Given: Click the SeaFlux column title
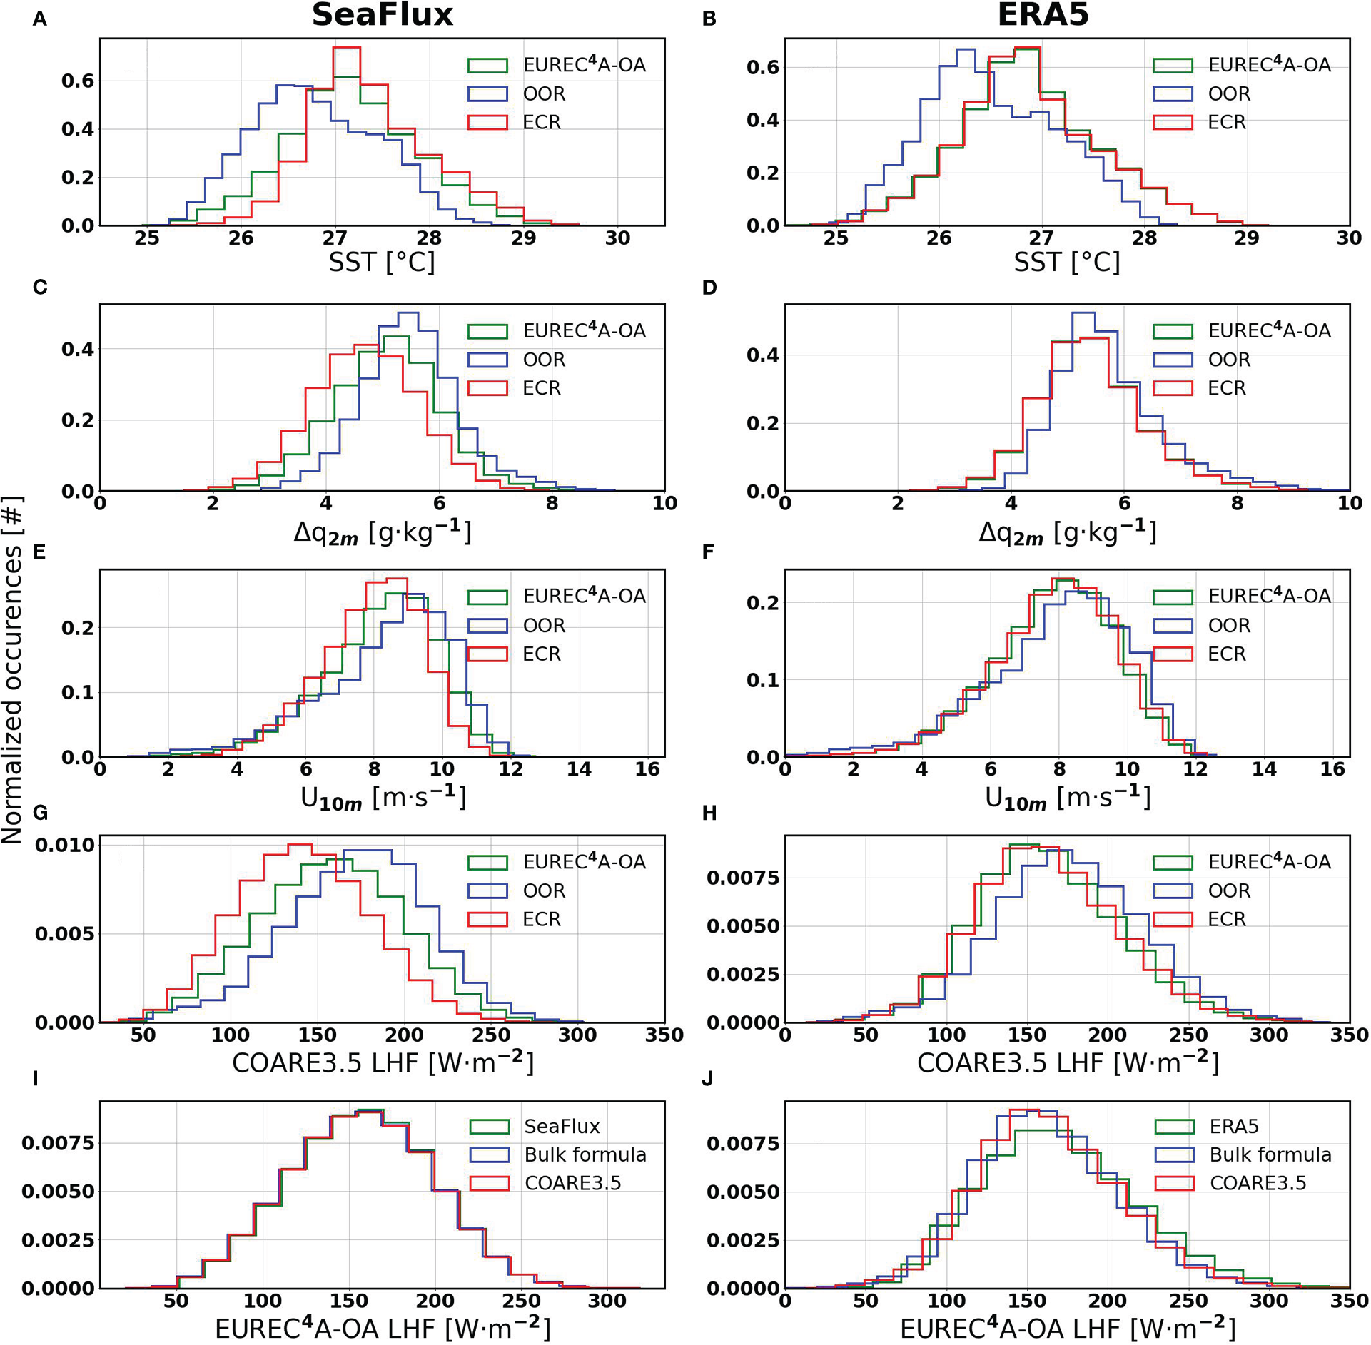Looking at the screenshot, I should coord(382,16).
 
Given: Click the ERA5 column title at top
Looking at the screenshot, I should coord(1043,16).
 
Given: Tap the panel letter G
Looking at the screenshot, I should coord(40,813).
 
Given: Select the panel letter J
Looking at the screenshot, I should coord(707,1078).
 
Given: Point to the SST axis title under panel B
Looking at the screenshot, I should coord(1066,263).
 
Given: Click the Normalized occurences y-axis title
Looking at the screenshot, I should coord(13,671).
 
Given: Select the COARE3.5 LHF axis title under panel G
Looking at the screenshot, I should coord(383,1062).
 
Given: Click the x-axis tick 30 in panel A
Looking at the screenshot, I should coord(617,238).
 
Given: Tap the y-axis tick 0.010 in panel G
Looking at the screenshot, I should coord(64,845).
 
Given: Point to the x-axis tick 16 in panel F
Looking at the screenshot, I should coord(1332,769).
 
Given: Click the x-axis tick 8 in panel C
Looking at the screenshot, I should coord(552,504).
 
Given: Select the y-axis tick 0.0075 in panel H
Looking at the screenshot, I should coord(742,878).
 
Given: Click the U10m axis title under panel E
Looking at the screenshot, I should coord(383,798).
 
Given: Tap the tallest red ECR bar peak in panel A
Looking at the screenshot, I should coord(347,48).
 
